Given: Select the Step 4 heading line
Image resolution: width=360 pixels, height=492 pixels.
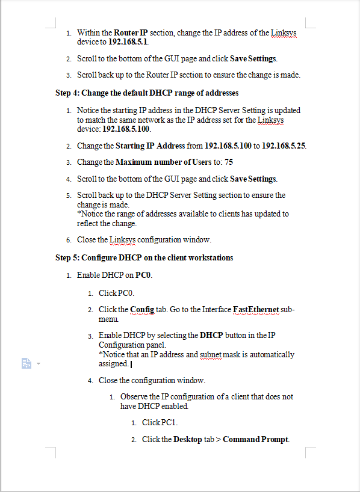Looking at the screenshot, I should [x=147, y=93].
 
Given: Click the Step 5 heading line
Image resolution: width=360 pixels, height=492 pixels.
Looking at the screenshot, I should [x=144, y=257].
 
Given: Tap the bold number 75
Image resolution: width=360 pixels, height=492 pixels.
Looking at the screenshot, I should [x=229, y=162].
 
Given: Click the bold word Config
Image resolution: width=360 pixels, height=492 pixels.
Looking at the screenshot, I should [x=142, y=309].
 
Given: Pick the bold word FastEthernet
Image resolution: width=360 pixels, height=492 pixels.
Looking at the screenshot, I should [x=256, y=309].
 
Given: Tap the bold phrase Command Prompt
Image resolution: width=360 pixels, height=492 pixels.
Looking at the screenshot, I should [x=256, y=439].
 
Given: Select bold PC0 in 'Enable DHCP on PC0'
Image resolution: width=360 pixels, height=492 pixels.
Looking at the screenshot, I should [x=144, y=275].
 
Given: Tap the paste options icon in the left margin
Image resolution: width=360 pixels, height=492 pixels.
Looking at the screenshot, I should [x=26, y=364].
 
